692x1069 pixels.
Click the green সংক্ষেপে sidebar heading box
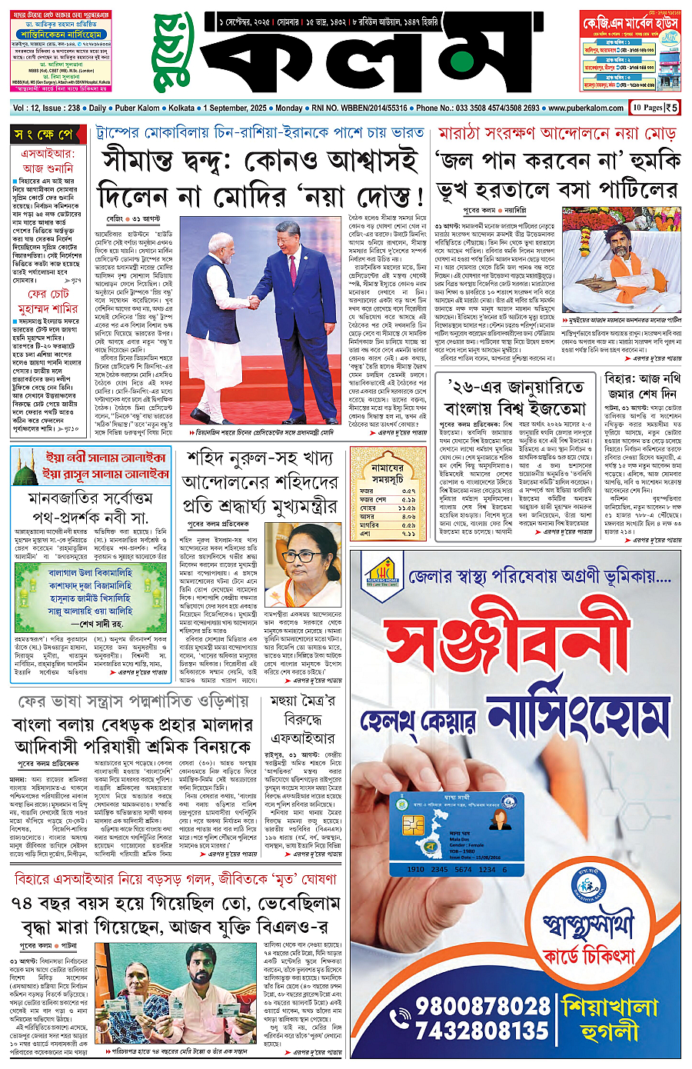click(x=46, y=135)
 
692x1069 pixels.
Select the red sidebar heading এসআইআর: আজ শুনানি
click(x=47, y=161)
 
